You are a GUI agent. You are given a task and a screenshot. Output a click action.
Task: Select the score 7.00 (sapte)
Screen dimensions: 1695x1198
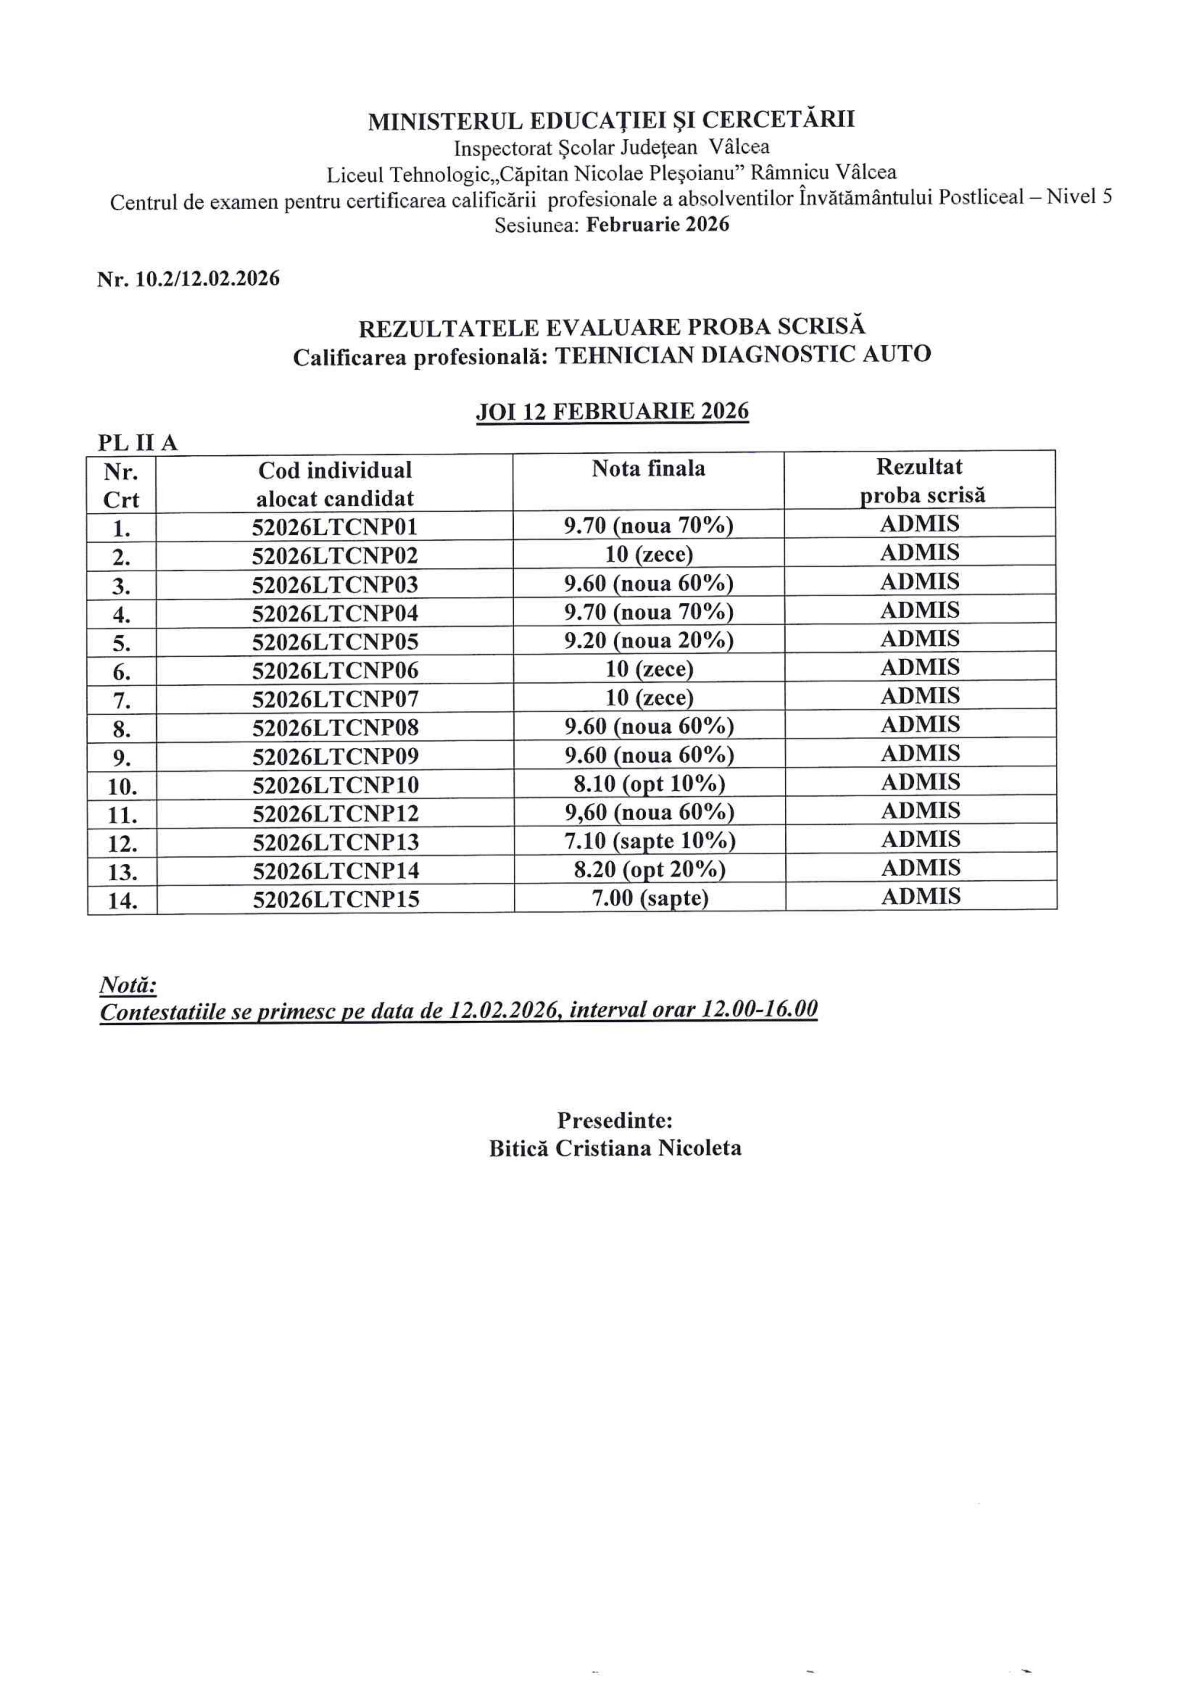(650, 898)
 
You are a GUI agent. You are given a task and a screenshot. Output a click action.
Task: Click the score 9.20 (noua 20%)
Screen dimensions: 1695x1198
(650, 640)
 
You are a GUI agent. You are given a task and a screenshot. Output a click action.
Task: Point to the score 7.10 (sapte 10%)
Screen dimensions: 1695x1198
(650, 841)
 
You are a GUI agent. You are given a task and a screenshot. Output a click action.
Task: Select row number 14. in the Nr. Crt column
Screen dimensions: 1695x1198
(123, 900)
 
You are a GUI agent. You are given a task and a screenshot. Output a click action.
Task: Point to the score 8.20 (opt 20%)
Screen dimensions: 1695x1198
(650, 869)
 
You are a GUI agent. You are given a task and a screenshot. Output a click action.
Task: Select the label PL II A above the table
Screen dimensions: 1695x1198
(137, 442)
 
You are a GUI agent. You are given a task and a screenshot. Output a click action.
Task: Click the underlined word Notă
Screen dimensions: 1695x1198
(128, 985)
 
